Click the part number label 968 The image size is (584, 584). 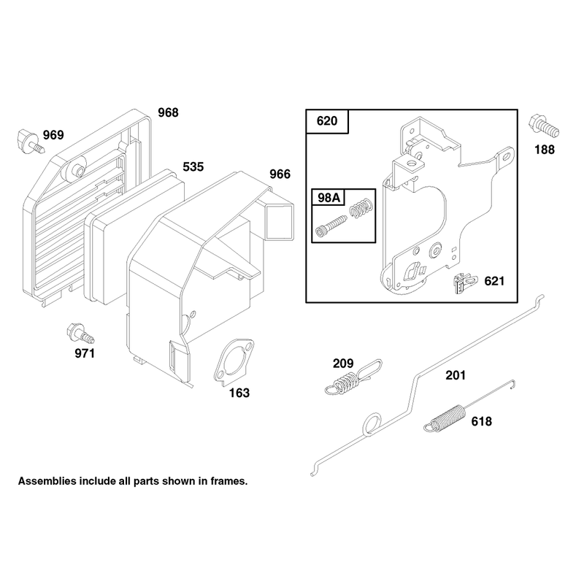(x=168, y=112)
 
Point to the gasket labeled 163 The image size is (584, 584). (x=234, y=361)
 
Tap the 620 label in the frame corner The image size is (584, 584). (x=327, y=121)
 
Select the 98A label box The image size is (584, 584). (x=328, y=197)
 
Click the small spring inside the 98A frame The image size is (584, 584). (x=361, y=207)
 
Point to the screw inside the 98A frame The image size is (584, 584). (x=331, y=226)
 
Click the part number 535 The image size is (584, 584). (x=193, y=167)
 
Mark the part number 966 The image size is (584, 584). (x=280, y=174)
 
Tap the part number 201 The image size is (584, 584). (x=456, y=375)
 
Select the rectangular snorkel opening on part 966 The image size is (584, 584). (x=280, y=222)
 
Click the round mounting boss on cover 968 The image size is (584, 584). (x=77, y=169)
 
